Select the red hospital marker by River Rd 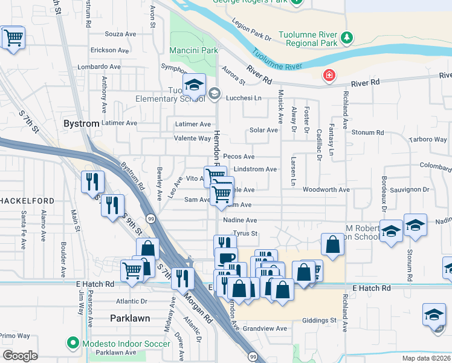coord(329,76)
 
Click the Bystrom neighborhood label coord(81,124)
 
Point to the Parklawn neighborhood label coord(129,318)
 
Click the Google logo coord(20,356)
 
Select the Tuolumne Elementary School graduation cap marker coord(194,85)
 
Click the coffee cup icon coord(226,258)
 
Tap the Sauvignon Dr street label coord(408,189)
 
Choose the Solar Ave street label coord(263,130)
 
